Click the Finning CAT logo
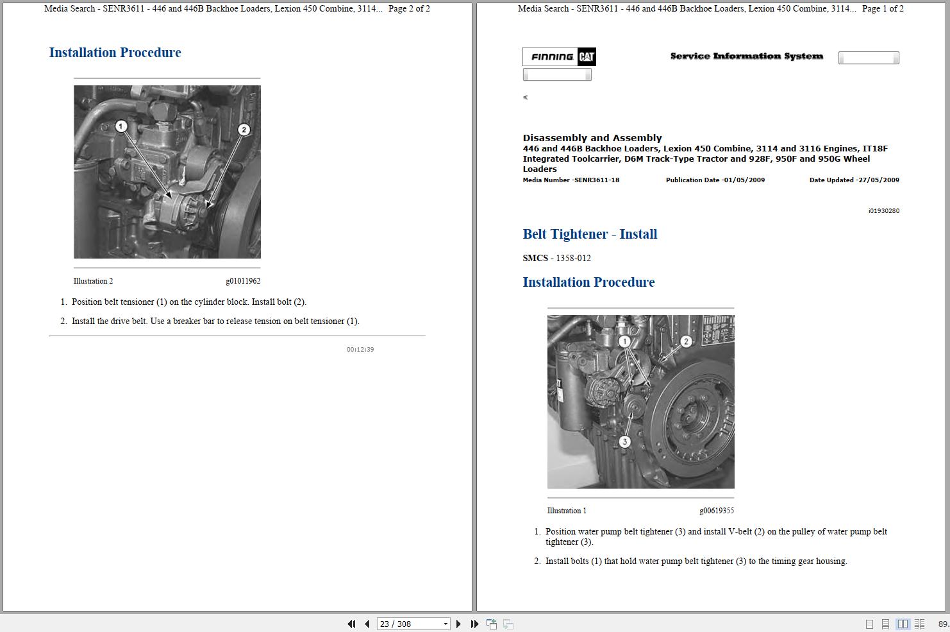tap(560, 57)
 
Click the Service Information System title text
tap(746, 56)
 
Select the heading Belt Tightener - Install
tap(590, 234)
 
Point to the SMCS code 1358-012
tap(572, 258)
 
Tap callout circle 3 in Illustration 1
tap(624, 441)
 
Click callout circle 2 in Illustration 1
tap(686, 341)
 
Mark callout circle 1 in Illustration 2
tap(121, 126)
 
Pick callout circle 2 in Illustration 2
tap(244, 130)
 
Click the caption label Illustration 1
tap(567, 511)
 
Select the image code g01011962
tap(243, 281)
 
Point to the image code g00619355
tap(717, 511)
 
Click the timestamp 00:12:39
tap(360, 350)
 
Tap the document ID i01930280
tap(883, 211)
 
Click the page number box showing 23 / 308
tap(413, 624)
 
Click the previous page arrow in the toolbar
tap(367, 624)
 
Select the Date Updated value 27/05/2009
tap(879, 180)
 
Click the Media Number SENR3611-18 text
tap(571, 180)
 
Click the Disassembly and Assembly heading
tap(592, 138)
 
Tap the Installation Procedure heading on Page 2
tap(115, 53)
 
